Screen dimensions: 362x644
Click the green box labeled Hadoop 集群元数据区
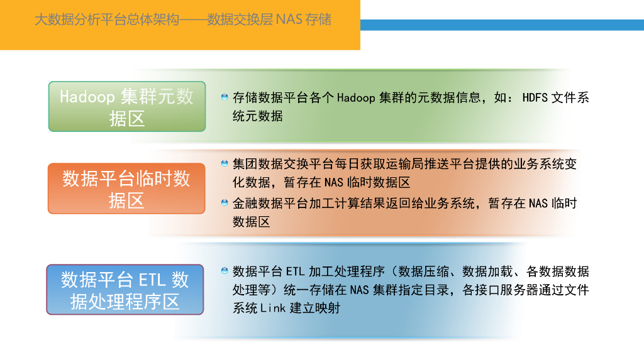pyautogui.click(x=127, y=106)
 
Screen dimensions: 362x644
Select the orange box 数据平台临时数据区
pyautogui.click(x=126, y=189)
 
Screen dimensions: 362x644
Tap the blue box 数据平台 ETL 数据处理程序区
pyautogui.click(x=125, y=290)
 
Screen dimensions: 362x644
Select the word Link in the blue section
pyautogui.click(x=274, y=308)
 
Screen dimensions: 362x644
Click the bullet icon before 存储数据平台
pyautogui.click(x=225, y=97)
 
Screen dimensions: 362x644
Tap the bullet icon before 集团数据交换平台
pyautogui.click(x=225, y=163)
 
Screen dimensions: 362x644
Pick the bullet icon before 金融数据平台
pyautogui.click(x=225, y=202)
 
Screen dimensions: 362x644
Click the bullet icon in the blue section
pyautogui.click(x=225, y=271)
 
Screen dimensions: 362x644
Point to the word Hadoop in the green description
pyautogui.click(x=356, y=97)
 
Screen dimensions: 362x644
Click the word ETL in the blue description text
pyautogui.click(x=295, y=271)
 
